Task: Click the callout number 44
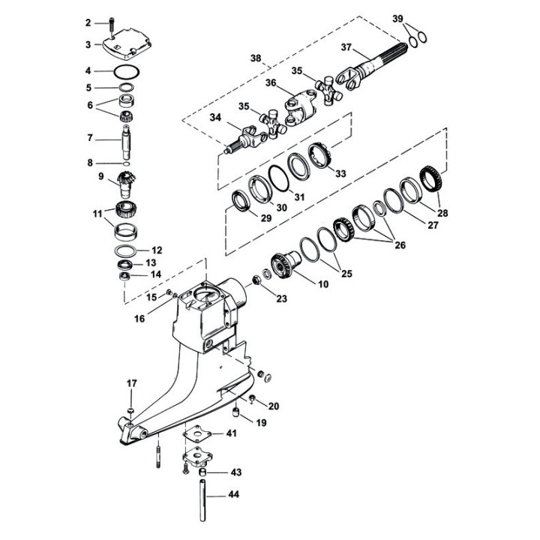click(234, 495)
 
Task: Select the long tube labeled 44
click(202, 500)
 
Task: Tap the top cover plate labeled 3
click(127, 45)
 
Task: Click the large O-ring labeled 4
click(127, 72)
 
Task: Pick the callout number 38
click(256, 58)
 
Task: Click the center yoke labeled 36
click(301, 106)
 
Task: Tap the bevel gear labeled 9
click(125, 184)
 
